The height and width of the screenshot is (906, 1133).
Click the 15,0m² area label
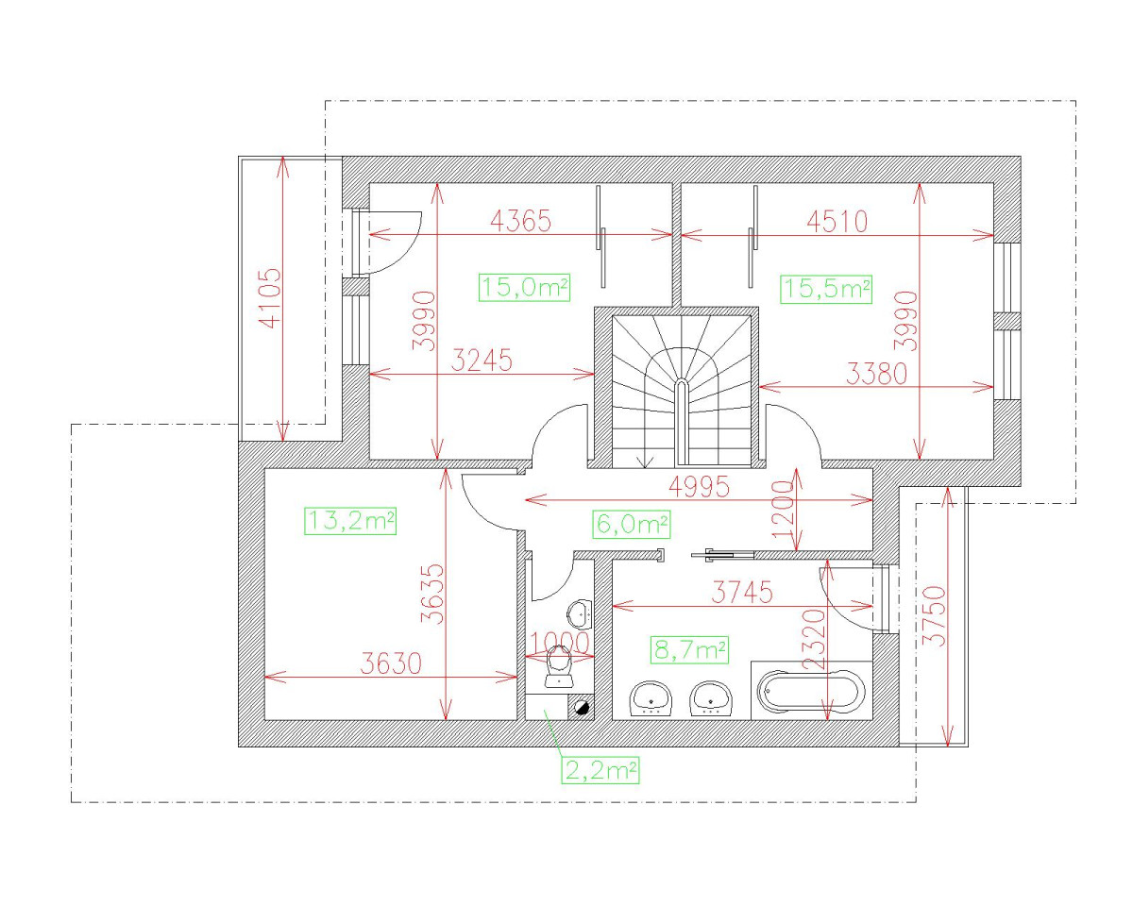[525, 288]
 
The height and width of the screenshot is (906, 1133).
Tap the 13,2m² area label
[349, 521]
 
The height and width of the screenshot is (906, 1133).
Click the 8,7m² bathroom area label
[689, 649]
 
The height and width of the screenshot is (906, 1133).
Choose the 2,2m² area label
[600, 770]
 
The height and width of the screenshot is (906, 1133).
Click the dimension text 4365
[520, 222]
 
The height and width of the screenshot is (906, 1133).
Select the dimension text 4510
[837, 222]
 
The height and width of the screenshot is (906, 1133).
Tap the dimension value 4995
[699, 487]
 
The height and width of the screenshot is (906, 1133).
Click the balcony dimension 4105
[270, 298]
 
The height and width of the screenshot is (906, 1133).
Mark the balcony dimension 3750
[934, 616]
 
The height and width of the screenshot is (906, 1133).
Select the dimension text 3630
[391, 664]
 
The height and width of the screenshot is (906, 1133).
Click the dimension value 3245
[482, 361]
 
